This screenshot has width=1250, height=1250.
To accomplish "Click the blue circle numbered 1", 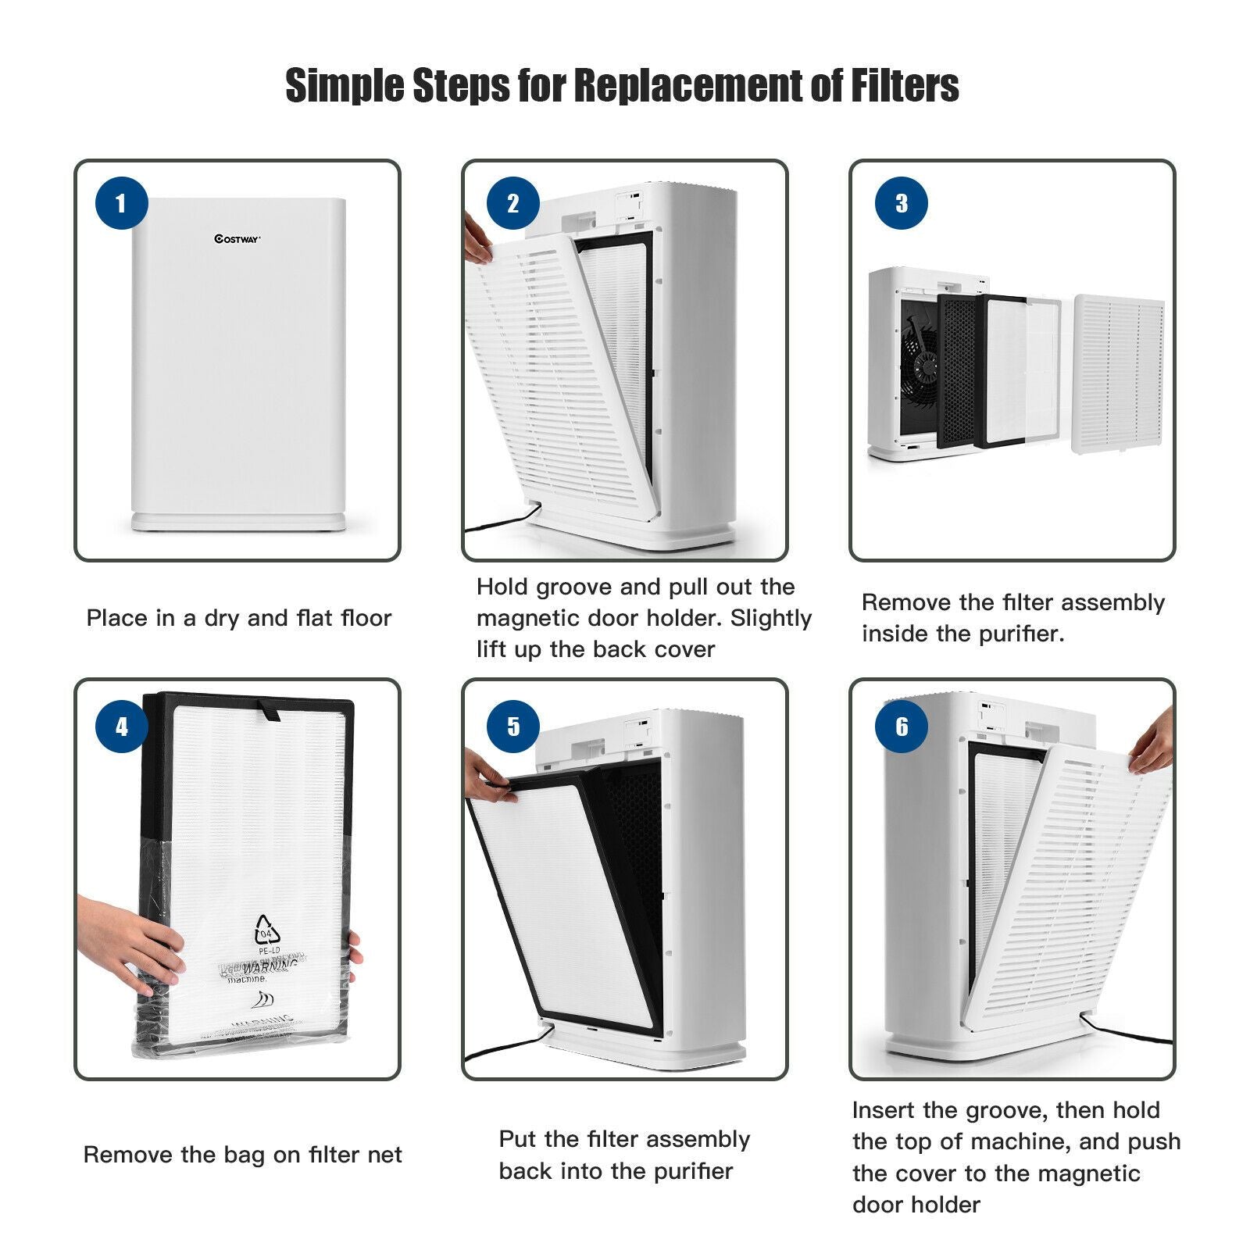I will tap(121, 203).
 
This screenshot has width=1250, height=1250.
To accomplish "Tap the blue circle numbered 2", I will tap(512, 203).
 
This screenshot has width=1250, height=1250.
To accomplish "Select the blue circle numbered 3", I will tap(901, 203).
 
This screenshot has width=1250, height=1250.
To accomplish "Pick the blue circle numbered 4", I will tap(121, 727).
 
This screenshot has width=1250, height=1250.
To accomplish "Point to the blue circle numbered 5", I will tap(512, 727).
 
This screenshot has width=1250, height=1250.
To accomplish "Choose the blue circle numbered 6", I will tap(901, 727).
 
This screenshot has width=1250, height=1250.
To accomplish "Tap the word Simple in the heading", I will tap(345, 86).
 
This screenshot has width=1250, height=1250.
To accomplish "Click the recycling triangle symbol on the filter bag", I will tap(267, 930).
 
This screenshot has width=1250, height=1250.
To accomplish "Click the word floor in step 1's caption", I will tap(366, 618).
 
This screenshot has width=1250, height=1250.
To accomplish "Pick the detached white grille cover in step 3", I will tap(1118, 373).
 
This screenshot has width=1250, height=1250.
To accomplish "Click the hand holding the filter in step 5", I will tap(488, 777).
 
